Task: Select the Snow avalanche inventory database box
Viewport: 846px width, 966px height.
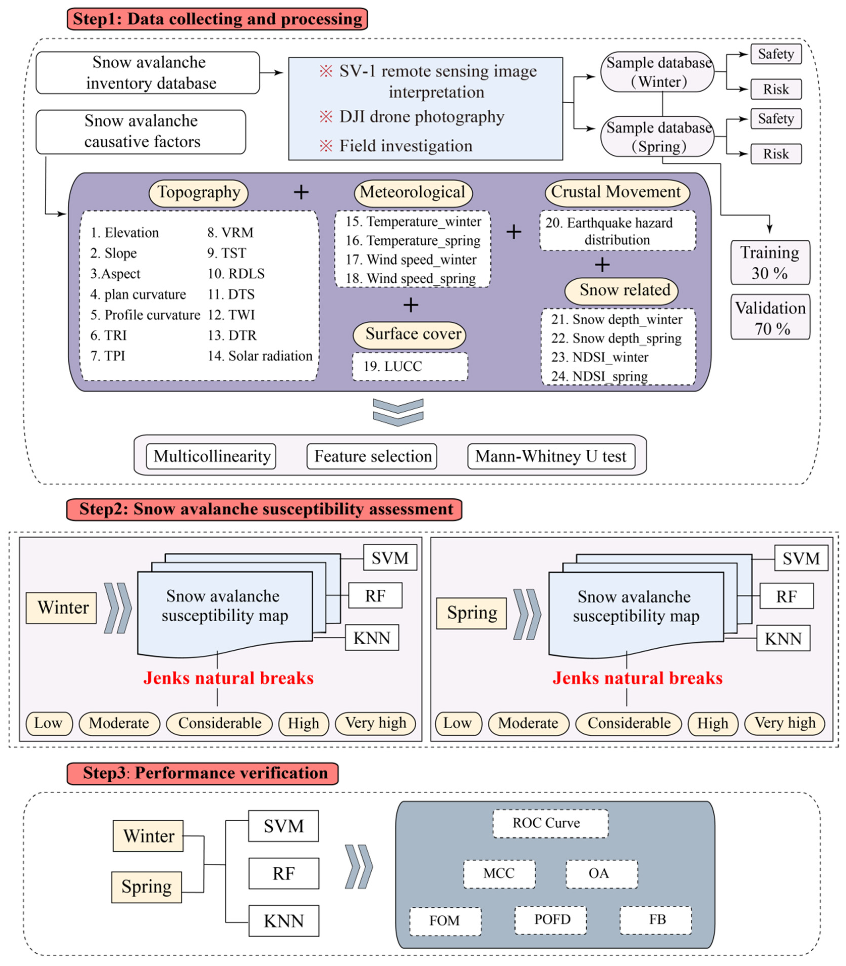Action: (148, 73)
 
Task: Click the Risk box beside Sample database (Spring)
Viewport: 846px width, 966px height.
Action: (776, 154)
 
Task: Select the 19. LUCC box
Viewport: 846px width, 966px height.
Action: (410, 367)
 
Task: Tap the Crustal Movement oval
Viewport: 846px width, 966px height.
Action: (616, 192)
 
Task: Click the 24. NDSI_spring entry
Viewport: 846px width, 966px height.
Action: (599, 376)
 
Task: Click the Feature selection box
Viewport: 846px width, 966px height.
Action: (372, 456)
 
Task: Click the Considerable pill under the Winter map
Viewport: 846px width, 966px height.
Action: (220, 723)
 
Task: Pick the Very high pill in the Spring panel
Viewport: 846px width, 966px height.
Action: (785, 723)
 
